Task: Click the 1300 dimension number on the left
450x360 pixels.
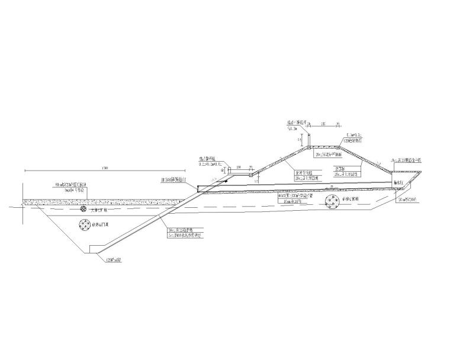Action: coord(105,166)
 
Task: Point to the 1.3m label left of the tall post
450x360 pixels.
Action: coord(292,128)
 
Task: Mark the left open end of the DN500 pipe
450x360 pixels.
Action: coord(197,190)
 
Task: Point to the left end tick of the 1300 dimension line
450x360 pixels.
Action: coord(25,170)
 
